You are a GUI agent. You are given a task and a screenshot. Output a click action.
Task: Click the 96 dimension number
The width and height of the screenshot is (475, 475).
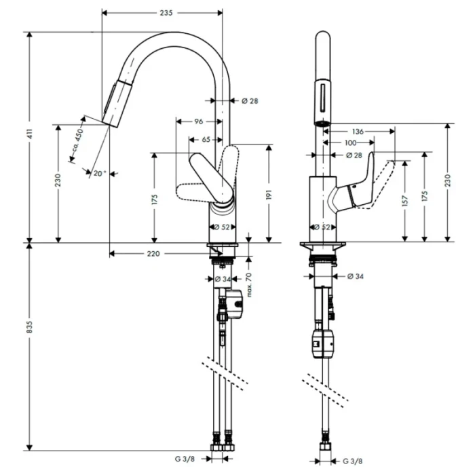[x=199, y=121]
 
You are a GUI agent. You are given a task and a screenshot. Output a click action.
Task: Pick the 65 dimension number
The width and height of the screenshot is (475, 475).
[x=205, y=139]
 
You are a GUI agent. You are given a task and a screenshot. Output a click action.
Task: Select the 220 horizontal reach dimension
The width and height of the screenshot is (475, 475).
[x=153, y=253]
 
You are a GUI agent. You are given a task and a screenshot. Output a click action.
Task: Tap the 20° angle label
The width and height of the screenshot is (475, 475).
[x=100, y=174]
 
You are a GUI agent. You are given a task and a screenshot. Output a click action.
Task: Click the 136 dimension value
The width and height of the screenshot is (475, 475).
[x=359, y=131]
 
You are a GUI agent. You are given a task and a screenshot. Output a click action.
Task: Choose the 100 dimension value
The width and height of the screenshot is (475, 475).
[x=350, y=142]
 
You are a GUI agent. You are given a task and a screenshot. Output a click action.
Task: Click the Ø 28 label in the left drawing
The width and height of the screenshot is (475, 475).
[x=250, y=101]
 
